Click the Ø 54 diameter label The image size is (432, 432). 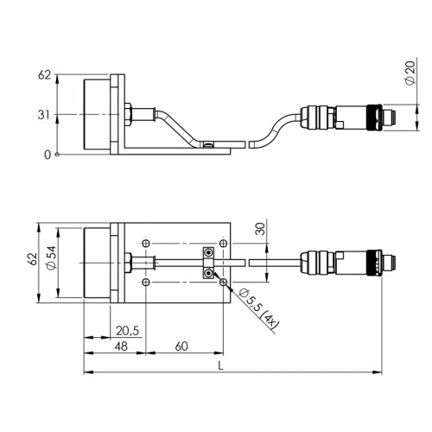51,261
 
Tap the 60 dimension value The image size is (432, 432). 181,346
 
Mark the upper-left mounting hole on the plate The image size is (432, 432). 149,241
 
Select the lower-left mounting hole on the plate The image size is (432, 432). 149,282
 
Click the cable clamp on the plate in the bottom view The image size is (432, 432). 208,263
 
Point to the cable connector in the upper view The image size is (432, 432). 342,114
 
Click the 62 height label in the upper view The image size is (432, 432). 43,75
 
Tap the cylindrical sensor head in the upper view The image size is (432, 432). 97,114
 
